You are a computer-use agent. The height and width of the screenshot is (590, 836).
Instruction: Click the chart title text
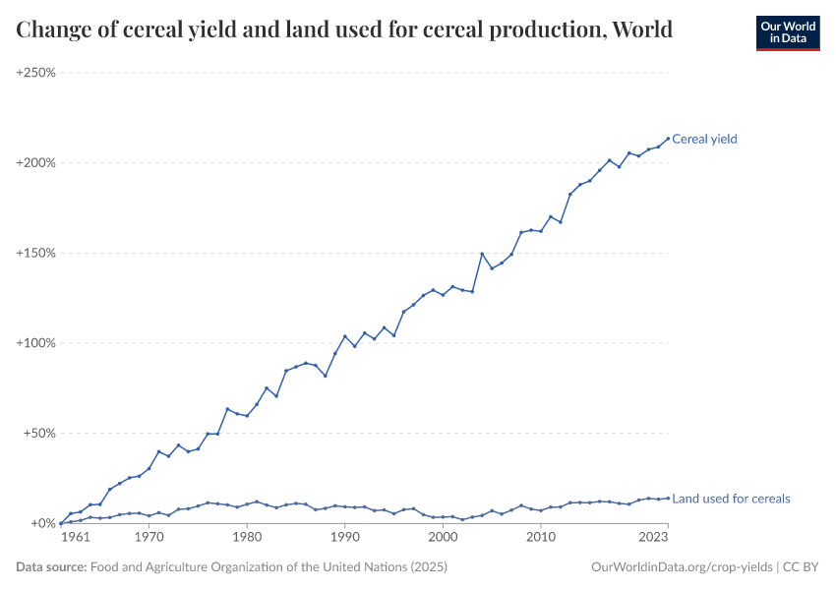point(344,29)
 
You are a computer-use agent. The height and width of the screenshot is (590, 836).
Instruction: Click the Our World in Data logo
point(787,32)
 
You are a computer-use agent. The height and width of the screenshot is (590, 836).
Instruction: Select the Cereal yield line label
point(704,139)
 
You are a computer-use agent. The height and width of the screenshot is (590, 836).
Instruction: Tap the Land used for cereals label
point(731,499)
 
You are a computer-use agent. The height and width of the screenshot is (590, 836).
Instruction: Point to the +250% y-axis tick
point(35,73)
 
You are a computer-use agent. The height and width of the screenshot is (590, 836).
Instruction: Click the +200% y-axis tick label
point(35,162)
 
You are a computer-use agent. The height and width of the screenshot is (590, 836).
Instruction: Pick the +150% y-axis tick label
point(35,253)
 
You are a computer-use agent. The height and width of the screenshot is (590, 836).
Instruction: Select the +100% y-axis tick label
point(35,343)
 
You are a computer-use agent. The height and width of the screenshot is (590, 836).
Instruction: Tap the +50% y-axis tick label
point(38,434)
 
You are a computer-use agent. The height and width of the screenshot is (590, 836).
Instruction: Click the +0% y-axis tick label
point(41,523)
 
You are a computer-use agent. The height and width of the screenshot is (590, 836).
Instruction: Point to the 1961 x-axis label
point(76,538)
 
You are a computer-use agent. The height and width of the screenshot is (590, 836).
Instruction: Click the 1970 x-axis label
point(149,538)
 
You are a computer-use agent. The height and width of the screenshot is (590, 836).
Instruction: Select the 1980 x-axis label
point(246,538)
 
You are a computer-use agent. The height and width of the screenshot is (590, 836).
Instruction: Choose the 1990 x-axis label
point(344,538)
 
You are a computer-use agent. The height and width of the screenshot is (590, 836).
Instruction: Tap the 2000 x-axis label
point(443,538)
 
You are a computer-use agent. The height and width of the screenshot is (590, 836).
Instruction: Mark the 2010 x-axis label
point(540,538)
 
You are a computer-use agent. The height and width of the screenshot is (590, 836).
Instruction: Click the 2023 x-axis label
point(652,538)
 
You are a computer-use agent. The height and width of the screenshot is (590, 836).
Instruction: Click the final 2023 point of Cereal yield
point(668,138)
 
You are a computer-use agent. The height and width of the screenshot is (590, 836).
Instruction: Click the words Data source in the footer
point(51,567)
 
